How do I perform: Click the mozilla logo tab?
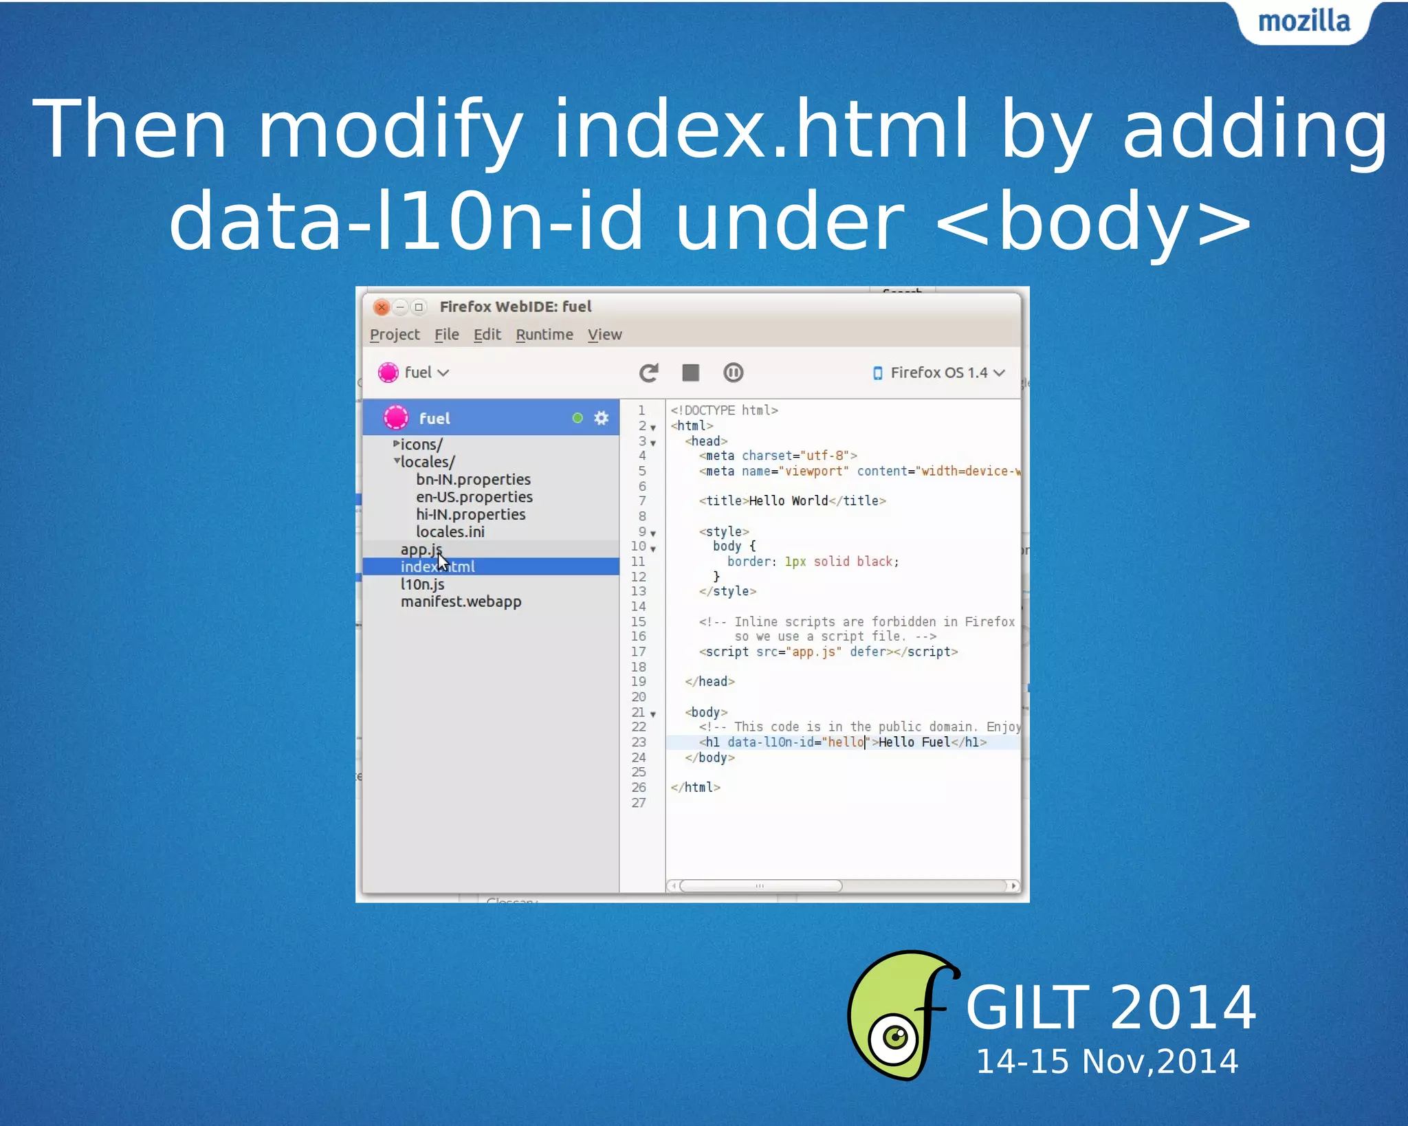point(1303,22)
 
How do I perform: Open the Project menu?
point(394,335)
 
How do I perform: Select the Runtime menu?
point(544,335)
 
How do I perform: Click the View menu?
point(604,335)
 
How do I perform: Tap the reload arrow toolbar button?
point(648,373)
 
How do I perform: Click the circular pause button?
point(733,373)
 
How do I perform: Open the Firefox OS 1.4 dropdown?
point(939,373)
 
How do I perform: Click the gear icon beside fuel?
point(602,418)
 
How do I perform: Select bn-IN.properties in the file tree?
point(473,479)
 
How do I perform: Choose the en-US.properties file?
point(474,497)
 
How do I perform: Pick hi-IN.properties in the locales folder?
point(470,514)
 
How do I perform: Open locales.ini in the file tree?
point(450,532)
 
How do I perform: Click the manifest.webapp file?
point(461,601)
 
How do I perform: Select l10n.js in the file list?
point(422,584)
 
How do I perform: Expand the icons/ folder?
point(397,444)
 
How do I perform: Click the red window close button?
point(382,307)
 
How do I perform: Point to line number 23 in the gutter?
point(639,742)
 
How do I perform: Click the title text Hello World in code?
point(788,501)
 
